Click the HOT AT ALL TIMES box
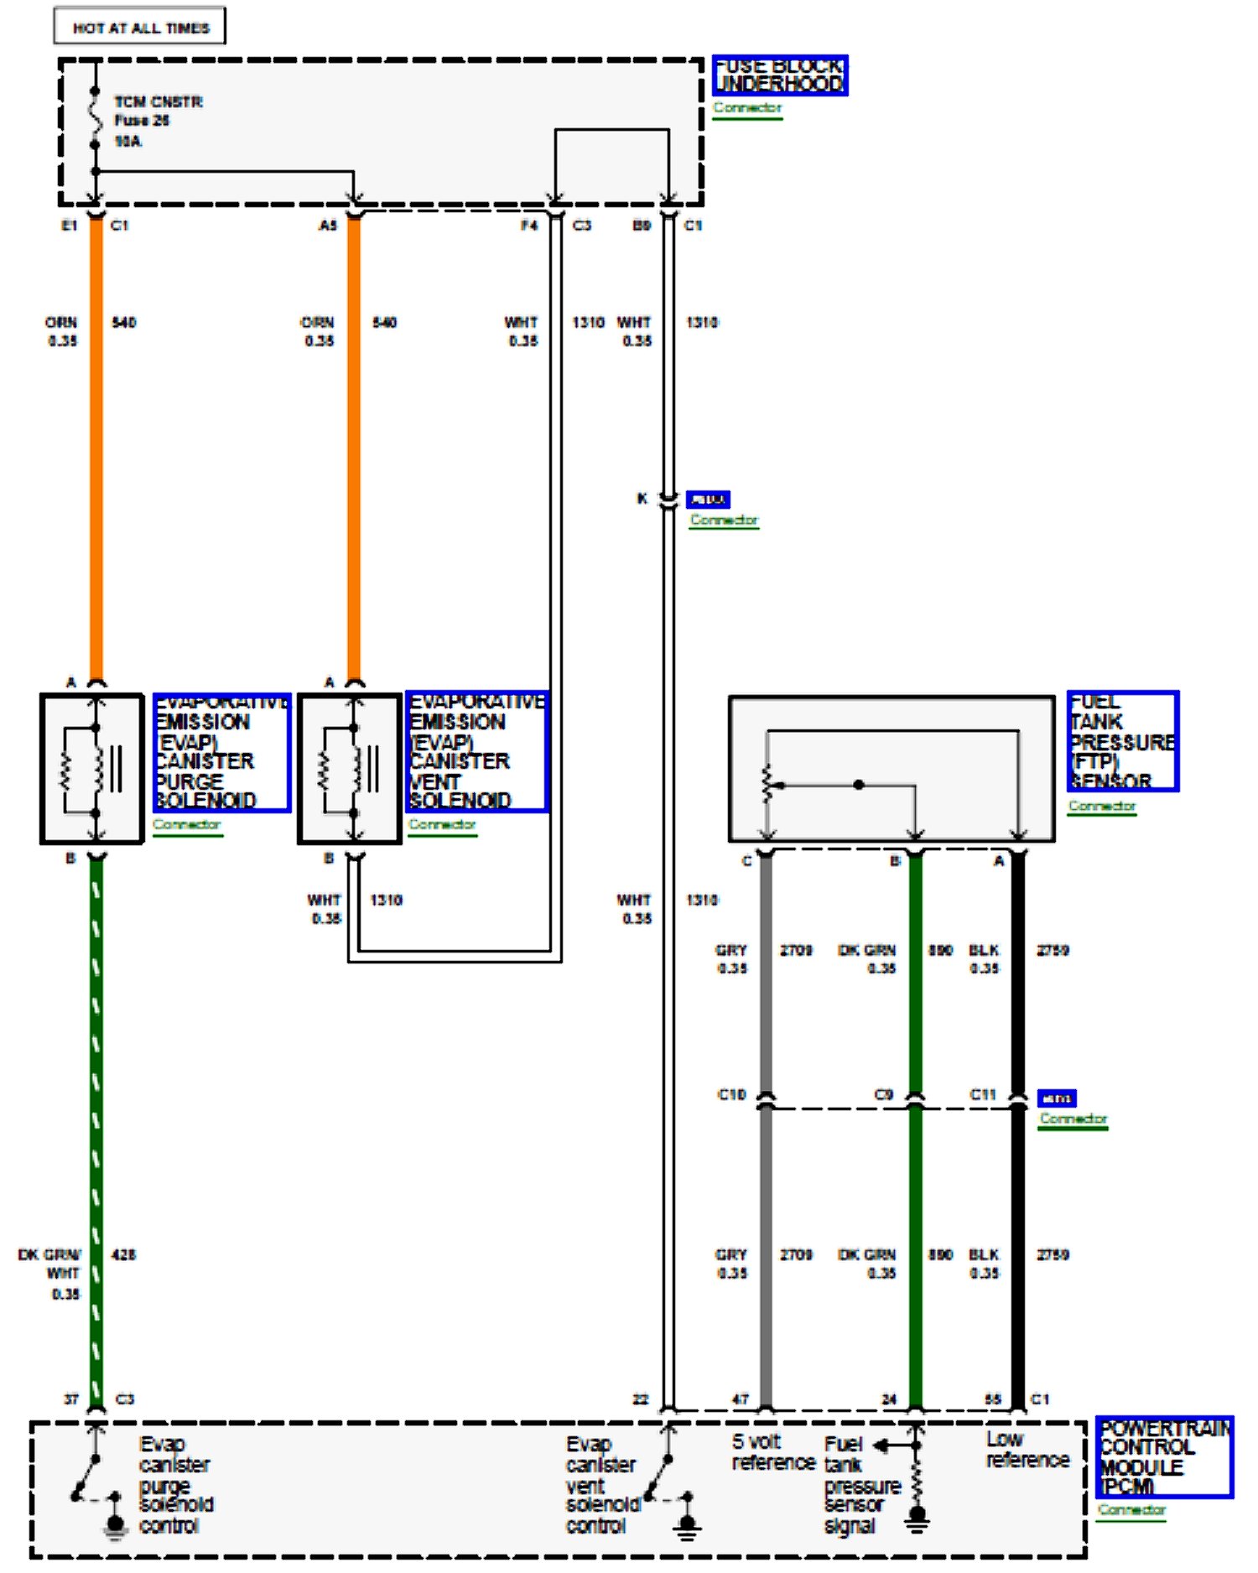pos(139,27)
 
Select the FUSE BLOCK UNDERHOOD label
pos(779,75)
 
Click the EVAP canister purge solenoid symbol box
pos(92,768)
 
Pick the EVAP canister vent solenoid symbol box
pos(350,768)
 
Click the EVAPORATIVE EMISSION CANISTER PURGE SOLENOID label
pos(221,752)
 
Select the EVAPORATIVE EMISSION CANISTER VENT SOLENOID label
pos(476,752)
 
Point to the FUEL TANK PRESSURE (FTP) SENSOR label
pos(1122,741)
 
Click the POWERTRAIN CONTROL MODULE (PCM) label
pos(1164,1457)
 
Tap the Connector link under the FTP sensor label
pos(1102,807)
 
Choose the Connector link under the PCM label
pos(1132,1510)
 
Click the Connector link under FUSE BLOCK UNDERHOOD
pos(747,108)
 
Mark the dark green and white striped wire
pos(96,1132)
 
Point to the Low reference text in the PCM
pos(1027,1451)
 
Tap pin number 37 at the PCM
pos(71,1399)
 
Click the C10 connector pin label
pos(731,1095)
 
